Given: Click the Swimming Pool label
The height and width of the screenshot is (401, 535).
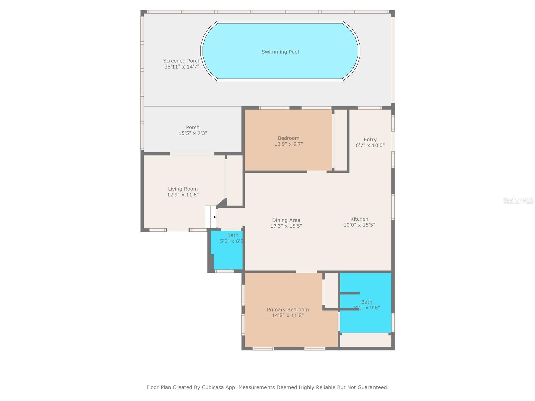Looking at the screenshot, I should point(280,52).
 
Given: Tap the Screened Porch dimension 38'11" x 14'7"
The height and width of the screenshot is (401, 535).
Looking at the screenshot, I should point(182,67).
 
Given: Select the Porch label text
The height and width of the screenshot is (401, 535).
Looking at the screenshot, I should point(193,127).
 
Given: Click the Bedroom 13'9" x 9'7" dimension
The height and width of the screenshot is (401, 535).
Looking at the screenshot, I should point(288,144).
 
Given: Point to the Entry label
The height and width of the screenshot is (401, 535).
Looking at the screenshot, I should point(370,140).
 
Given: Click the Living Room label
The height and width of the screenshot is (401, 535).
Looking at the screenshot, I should point(183,189).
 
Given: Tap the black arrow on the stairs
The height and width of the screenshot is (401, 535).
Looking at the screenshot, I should point(215,217).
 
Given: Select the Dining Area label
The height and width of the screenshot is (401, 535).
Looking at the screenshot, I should point(286,220).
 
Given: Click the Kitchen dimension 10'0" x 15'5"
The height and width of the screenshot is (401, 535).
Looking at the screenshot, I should point(359,225).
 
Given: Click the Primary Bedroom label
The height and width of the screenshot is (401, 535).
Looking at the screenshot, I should point(288,310).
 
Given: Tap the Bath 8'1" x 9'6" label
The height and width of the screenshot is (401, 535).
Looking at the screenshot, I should point(367,302).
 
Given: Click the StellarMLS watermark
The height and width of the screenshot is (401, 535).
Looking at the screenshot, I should point(518,201).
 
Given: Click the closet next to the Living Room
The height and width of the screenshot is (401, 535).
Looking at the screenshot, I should point(234,180).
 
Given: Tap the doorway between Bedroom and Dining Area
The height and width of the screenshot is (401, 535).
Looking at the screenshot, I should point(317,172).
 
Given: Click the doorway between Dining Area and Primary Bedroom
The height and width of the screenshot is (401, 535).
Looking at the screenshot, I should point(306,271).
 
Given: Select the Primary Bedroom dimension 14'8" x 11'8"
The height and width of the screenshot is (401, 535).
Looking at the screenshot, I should point(288,315).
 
